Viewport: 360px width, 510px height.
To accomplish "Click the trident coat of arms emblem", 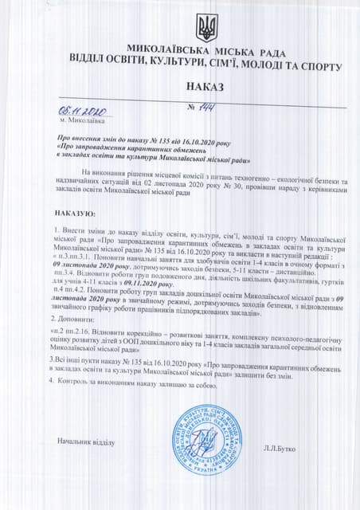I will coord(205,27).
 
